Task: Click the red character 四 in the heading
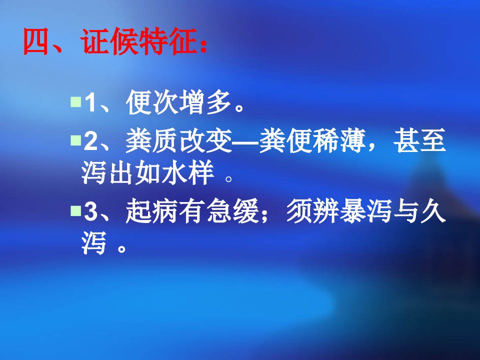pos(36,41)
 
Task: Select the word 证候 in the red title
pos(108,41)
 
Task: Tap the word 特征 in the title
pos(165,41)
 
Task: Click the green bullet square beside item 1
pos(75,101)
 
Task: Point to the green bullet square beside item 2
pos(75,140)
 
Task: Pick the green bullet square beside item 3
pos(75,210)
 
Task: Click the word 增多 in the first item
pos(205,102)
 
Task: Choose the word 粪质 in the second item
pos(152,140)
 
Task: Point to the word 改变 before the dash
pos(205,140)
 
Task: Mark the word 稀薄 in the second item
pos(339,140)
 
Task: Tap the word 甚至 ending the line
pos(419,140)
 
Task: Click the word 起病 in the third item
pos(152,211)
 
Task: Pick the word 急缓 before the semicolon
pos(232,211)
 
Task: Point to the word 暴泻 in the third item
pos(366,211)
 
